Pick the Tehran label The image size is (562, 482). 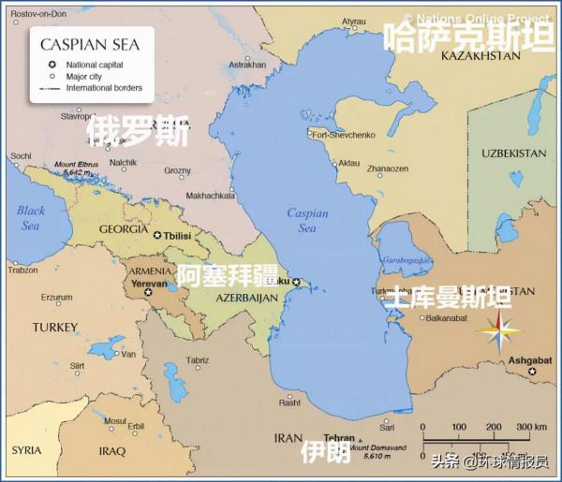pyautogui.click(x=338, y=438)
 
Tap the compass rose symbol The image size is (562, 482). pyautogui.click(x=498, y=329)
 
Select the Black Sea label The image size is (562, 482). pyautogui.click(x=31, y=218)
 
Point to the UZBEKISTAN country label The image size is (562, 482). pyautogui.click(x=513, y=153)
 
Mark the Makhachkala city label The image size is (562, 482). pyautogui.click(x=212, y=196)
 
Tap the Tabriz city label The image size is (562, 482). pyautogui.click(x=198, y=360)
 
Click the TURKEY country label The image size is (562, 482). pyautogui.click(x=54, y=327)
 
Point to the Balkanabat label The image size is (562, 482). pyautogui.click(x=445, y=317)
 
